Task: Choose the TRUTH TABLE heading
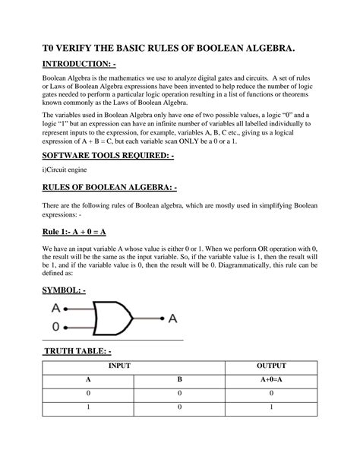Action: coord(77,350)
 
